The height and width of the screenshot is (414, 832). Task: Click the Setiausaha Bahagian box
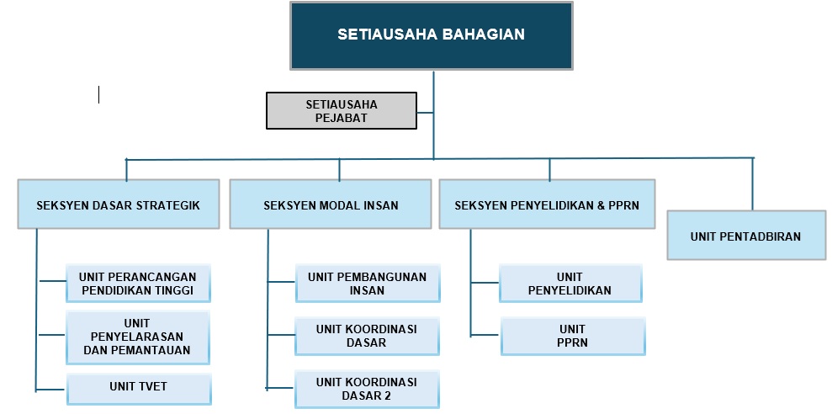pos(432,36)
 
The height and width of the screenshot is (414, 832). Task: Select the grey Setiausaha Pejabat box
pos(342,110)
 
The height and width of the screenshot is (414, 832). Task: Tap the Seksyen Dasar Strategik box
pos(119,204)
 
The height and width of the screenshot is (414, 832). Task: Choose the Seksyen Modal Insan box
pos(331,204)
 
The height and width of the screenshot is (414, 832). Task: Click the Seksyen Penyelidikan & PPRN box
pos(547,204)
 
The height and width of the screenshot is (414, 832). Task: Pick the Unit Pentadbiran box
pos(746,235)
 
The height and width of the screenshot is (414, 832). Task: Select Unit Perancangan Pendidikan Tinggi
pos(138,284)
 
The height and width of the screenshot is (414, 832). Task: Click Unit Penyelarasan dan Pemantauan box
pos(138,337)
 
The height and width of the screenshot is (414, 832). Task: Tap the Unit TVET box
pos(139,389)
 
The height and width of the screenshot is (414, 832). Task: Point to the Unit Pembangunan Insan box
pos(368,284)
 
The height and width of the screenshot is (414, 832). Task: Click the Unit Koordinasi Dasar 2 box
pos(367,389)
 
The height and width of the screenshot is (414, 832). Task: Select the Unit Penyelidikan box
pos(570,284)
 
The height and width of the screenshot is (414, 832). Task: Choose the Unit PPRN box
pos(573,336)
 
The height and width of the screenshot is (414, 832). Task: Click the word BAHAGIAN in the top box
pos(484,34)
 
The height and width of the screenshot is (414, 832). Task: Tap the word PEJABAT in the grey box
pos(342,119)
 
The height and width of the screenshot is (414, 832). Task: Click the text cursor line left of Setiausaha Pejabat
pos(98,94)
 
